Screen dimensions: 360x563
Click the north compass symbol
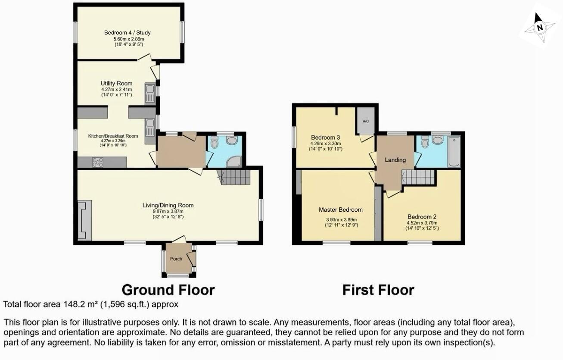539,28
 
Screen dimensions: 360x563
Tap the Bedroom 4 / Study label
127,33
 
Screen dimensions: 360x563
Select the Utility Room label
116,83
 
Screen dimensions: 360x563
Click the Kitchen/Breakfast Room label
113,136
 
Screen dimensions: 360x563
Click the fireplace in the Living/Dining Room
84,220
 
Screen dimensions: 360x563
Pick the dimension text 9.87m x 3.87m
168,211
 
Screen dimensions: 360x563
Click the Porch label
176,259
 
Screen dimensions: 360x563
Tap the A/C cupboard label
365,121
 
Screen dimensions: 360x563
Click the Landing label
395,160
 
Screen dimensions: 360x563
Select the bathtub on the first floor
454,152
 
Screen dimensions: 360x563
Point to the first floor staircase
418,177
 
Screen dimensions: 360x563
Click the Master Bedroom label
340,210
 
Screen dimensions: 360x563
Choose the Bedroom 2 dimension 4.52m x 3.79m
422,223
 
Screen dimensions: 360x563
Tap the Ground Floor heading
168,290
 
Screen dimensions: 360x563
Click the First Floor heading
378,290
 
